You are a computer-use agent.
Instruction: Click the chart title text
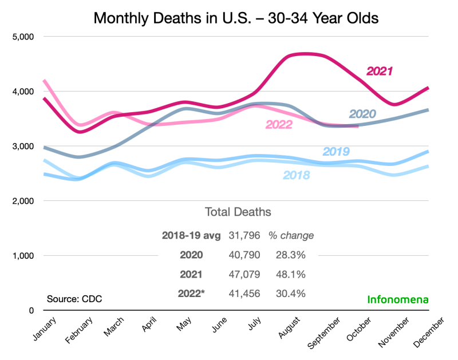(x=236, y=18)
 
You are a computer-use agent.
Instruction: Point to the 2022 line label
(x=279, y=124)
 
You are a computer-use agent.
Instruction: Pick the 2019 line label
(x=337, y=152)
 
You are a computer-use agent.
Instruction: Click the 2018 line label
(x=297, y=175)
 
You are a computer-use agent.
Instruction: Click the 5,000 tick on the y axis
(x=23, y=37)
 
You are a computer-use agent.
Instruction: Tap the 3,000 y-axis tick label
(x=23, y=147)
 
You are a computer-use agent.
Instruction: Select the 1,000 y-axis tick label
(x=23, y=256)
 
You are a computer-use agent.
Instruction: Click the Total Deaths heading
(x=238, y=212)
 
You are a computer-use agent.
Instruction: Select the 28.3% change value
(x=291, y=255)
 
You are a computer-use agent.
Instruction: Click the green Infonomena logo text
(x=397, y=299)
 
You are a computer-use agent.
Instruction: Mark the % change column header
(x=291, y=235)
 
